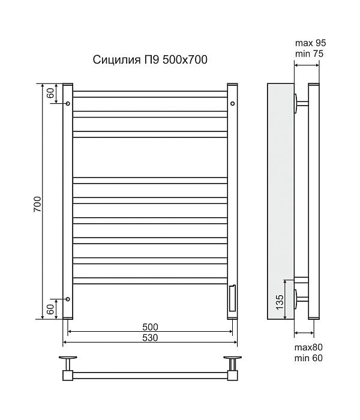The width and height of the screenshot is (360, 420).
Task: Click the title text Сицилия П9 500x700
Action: tap(150, 60)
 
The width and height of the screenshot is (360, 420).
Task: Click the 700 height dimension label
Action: tap(37, 204)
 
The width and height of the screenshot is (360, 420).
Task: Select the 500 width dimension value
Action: tap(150, 327)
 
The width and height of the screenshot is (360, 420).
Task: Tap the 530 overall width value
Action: tap(150, 338)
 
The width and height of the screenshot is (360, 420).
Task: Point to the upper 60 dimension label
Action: tap(50, 92)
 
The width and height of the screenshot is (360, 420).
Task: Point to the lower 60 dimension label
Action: tap(50, 310)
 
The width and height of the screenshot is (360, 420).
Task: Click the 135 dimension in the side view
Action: tap(280, 302)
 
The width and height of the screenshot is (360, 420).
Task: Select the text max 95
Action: tap(310, 43)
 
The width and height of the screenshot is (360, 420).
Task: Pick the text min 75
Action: tap(309, 54)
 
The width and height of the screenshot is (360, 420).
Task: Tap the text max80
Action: tap(308, 347)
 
